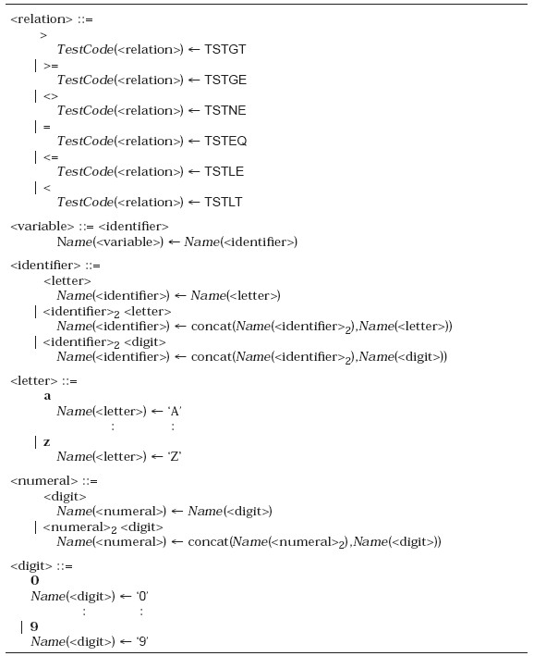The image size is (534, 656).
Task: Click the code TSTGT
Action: [225, 49]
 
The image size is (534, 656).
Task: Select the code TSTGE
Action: [225, 80]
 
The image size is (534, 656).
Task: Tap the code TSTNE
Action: [225, 110]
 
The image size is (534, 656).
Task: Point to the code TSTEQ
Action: [225, 141]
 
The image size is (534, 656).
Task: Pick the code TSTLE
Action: [224, 171]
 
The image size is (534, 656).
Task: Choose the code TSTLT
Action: [223, 202]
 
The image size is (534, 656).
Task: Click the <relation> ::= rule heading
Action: [52, 19]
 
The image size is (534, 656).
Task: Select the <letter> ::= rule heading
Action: [43, 381]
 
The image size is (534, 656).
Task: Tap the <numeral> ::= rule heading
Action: [54, 481]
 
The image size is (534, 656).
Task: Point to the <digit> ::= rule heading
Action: [42, 566]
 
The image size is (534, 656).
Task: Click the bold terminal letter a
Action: [47, 396]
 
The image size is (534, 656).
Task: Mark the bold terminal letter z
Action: [47, 442]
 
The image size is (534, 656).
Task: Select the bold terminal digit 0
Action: [35, 580]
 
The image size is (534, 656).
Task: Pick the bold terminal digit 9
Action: [34, 626]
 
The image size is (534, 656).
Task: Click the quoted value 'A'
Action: [175, 411]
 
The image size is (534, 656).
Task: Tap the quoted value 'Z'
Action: [175, 456]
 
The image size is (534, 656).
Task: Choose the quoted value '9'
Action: [142, 641]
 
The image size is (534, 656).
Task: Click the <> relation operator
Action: [51, 96]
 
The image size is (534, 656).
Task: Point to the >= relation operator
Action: [51, 66]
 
